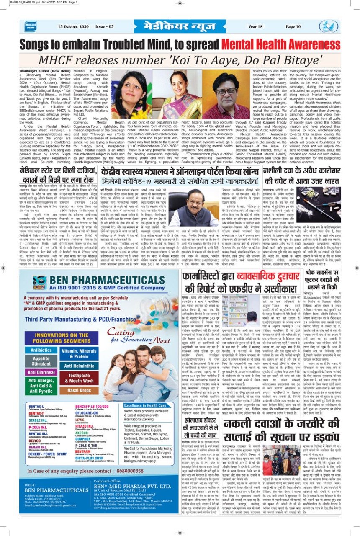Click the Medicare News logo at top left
click(30, 26)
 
